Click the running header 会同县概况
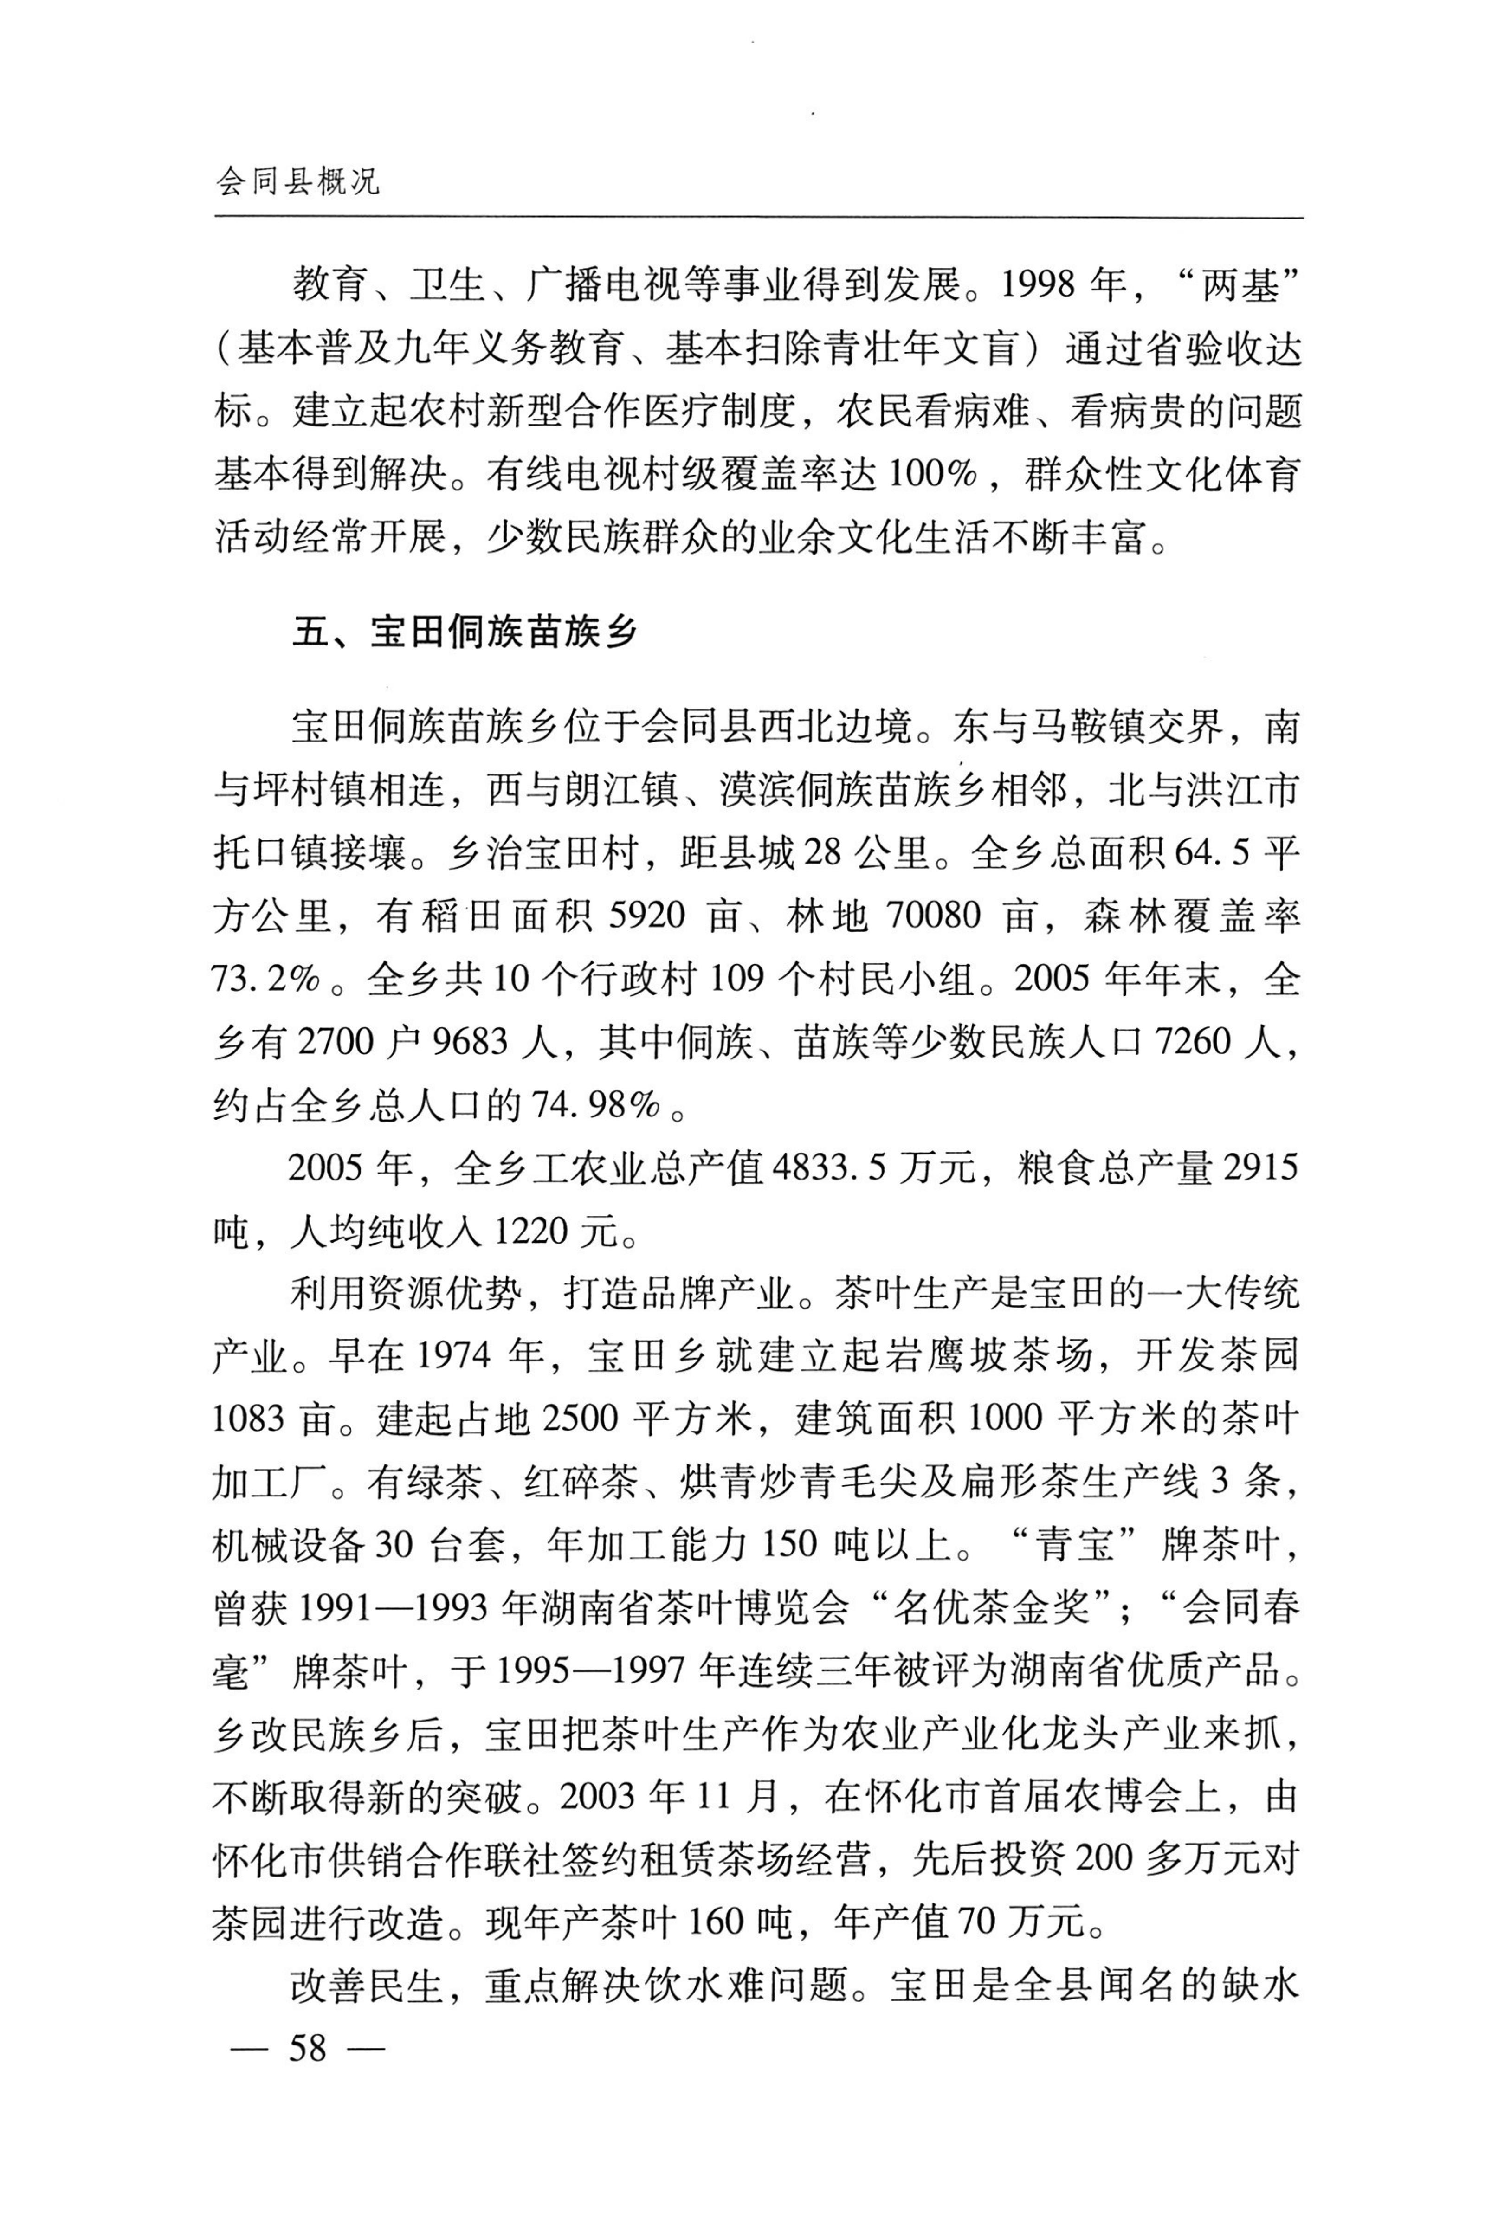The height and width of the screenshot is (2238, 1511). click(298, 180)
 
